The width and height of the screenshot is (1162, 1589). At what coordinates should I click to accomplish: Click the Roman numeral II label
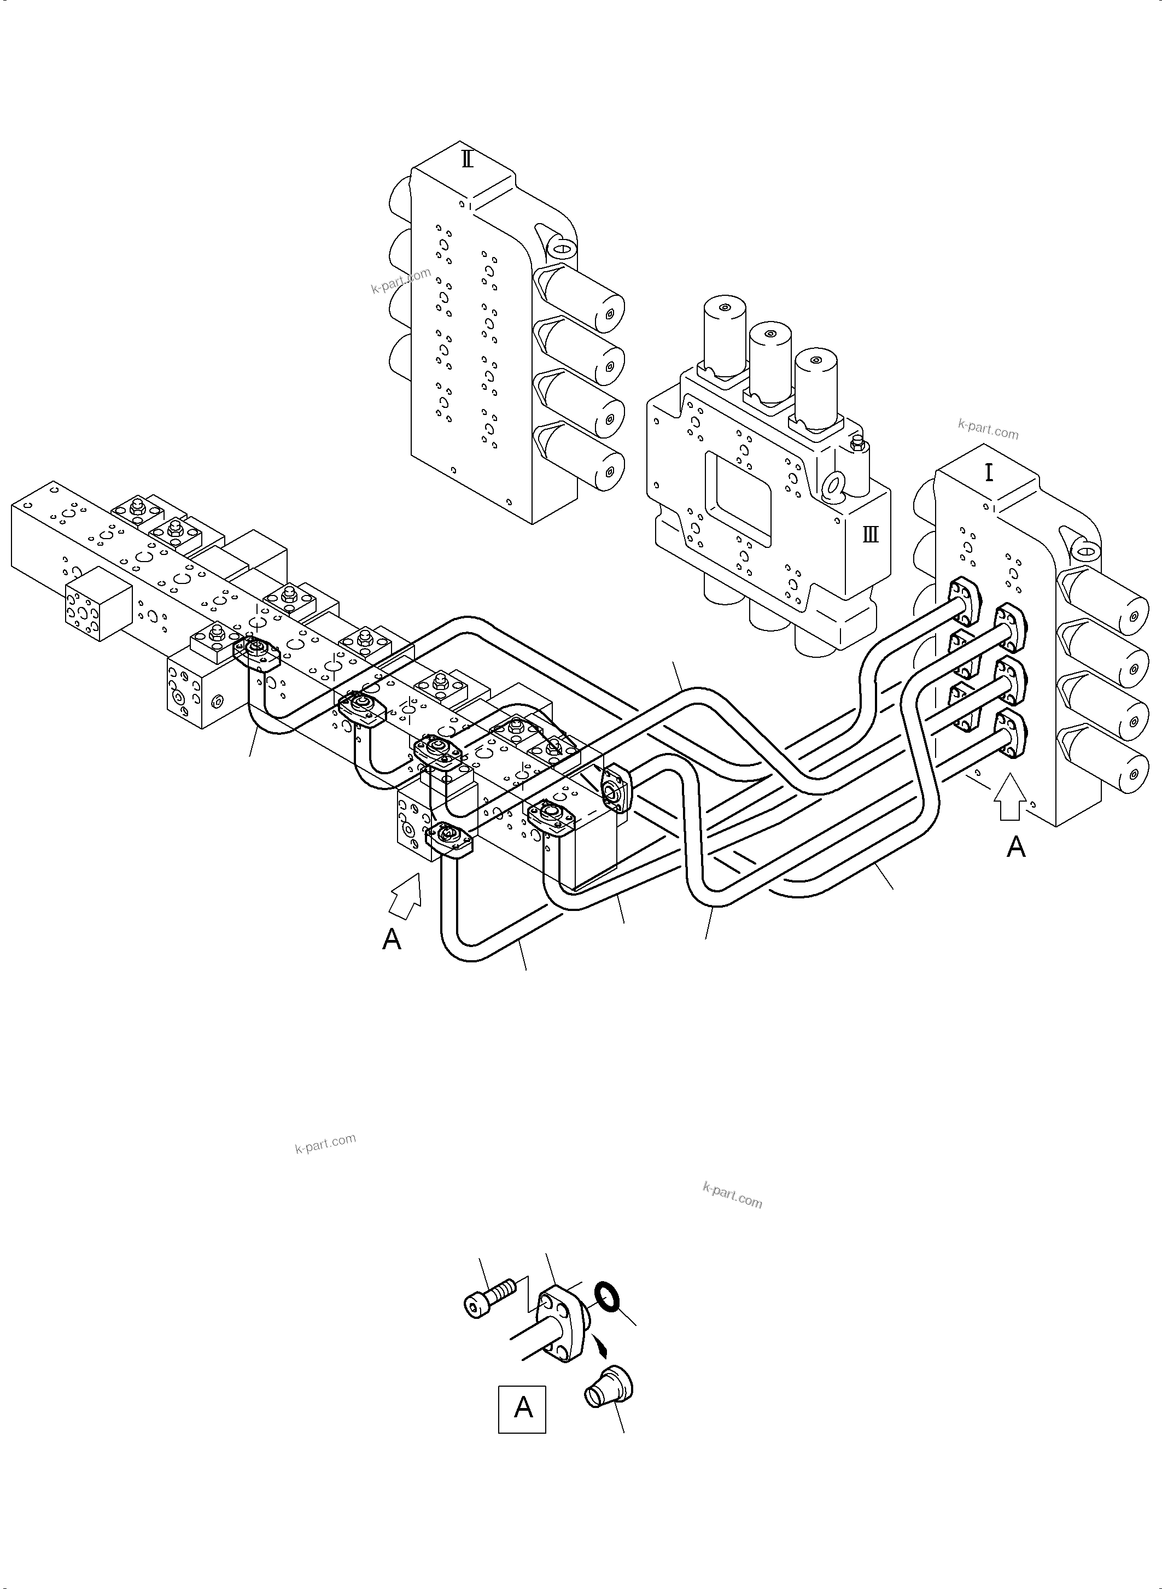tap(467, 160)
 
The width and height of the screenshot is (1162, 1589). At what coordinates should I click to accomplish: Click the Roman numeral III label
tap(870, 535)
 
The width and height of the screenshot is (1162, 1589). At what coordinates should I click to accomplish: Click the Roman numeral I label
tap(989, 472)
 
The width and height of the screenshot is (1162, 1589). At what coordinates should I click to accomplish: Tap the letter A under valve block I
tap(1015, 848)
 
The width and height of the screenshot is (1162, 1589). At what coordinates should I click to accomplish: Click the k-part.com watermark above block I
tap(988, 428)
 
